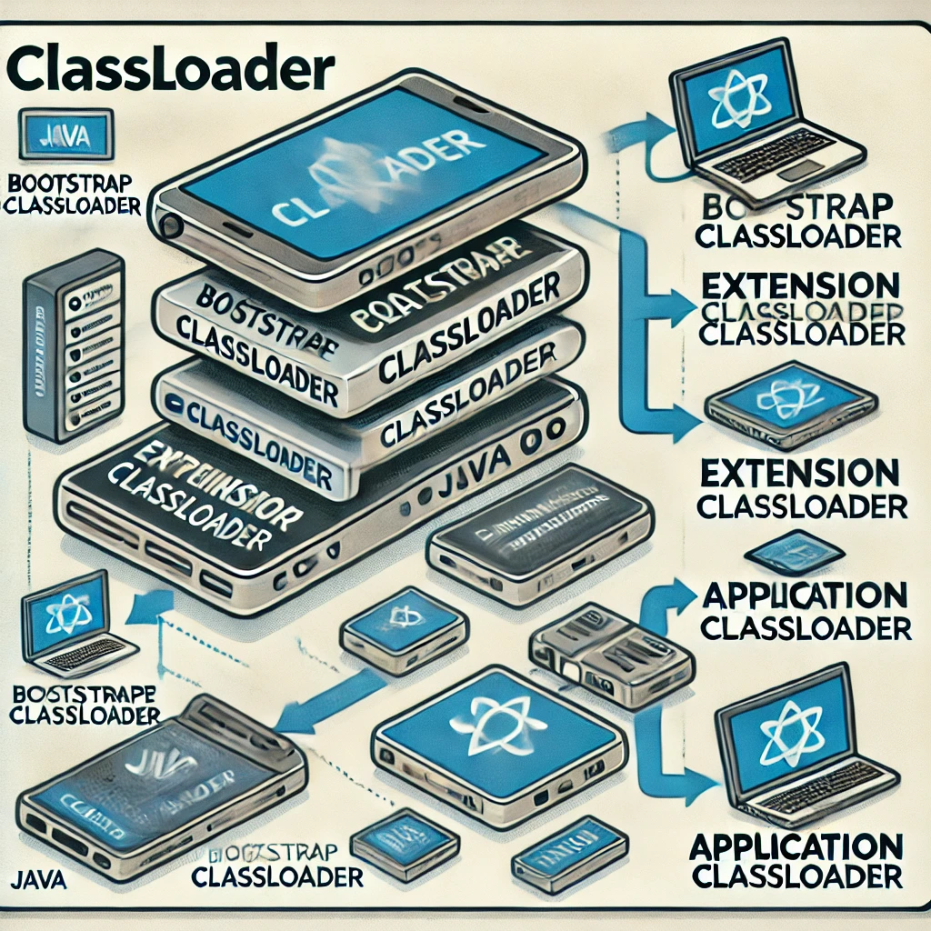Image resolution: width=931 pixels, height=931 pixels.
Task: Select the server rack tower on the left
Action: pos(73,345)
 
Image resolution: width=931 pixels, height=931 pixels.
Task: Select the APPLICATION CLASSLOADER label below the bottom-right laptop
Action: pos(796,859)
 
